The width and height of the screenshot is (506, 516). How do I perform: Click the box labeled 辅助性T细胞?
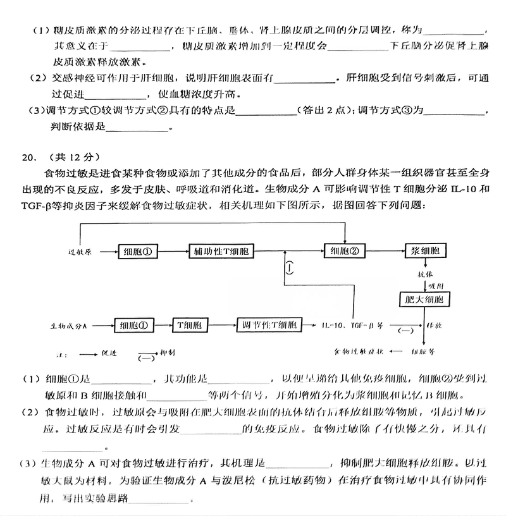click(x=220, y=250)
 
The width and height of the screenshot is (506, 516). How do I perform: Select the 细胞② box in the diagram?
click(x=344, y=250)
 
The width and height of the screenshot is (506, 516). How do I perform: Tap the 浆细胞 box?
click(x=424, y=250)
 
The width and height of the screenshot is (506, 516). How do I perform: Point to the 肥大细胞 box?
click(x=424, y=299)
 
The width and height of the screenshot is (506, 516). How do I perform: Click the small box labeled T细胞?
click(x=190, y=326)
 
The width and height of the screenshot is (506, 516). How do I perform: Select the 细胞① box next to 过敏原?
click(x=137, y=250)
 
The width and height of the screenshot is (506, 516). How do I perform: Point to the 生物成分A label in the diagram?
click(x=68, y=326)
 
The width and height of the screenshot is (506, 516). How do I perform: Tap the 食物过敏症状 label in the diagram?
click(x=359, y=350)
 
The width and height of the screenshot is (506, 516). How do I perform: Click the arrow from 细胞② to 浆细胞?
click(x=385, y=250)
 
